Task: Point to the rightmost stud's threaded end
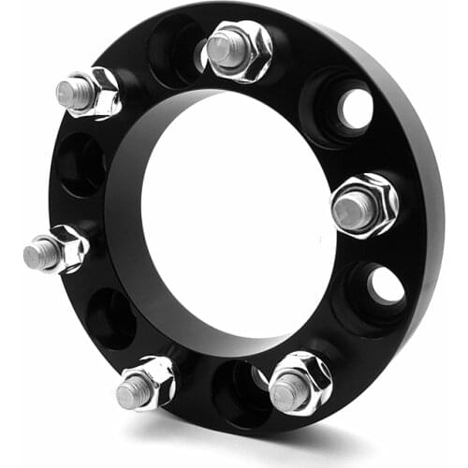coord(348,211)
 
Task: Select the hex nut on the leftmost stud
coord(69,247)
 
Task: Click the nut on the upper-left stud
coord(99,92)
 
